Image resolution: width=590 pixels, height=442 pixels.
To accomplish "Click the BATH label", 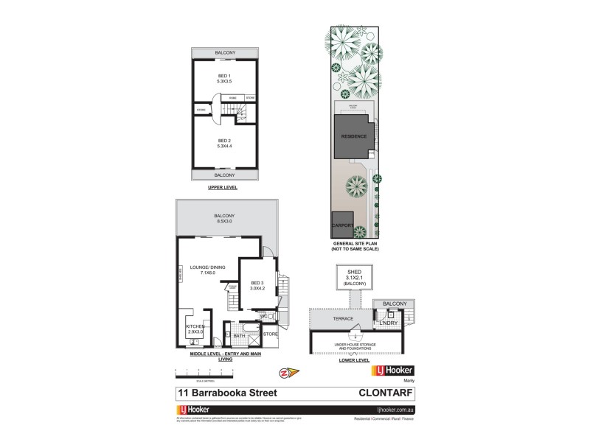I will coord(239,336).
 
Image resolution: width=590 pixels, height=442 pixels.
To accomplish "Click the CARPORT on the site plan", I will coord(344,225).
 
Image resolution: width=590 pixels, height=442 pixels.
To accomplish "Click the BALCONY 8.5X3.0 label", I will coord(224,219).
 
